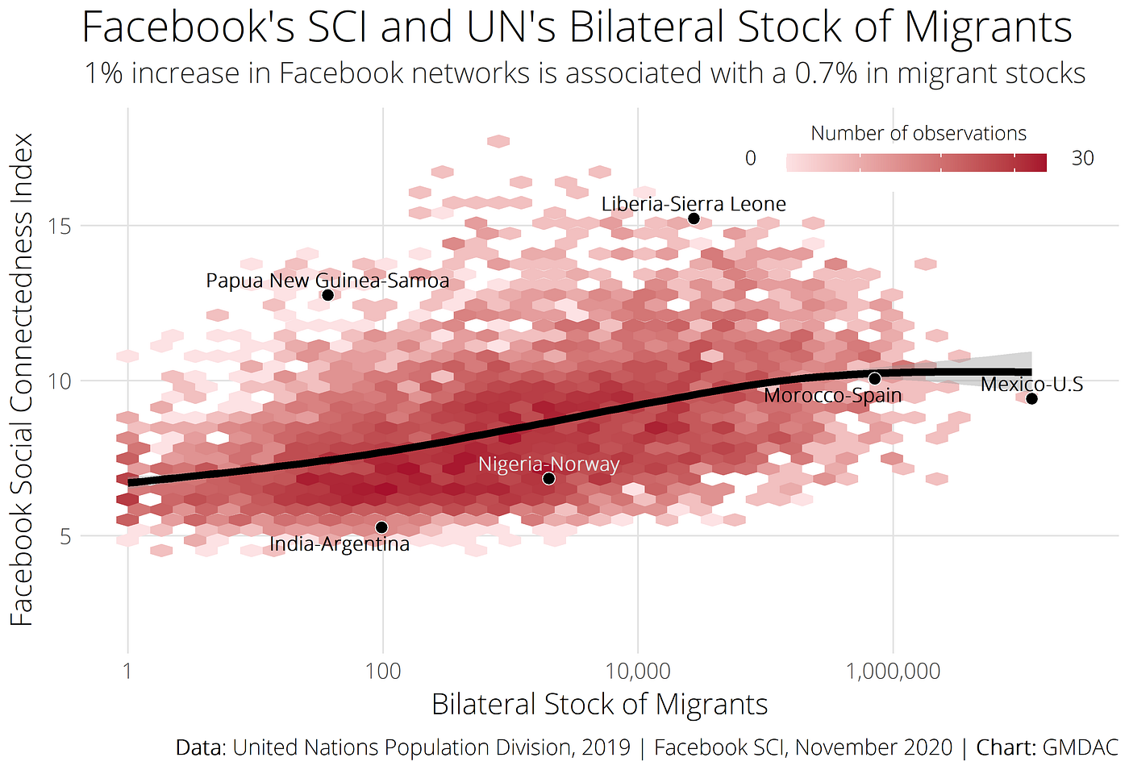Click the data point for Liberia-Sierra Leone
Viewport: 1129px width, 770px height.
pyautogui.click(x=694, y=219)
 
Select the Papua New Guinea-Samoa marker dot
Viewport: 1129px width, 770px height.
pyautogui.click(x=327, y=295)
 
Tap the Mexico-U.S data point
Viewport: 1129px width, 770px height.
pyautogui.click(x=1031, y=399)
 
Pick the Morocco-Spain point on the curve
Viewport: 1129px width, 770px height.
pyautogui.click(x=875, y=378)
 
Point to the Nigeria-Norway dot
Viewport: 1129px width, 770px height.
pyautogui.click(x=548, y=478)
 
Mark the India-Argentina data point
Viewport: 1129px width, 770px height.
pyautogui.click(x=381, y=527)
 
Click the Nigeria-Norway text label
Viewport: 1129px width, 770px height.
pyautogui.click(x=548, y=464)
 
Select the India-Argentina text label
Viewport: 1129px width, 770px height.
pyautogui.click(x=340, y=544)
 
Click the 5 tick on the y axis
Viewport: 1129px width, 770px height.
pyautogui.click(x=65, y=536)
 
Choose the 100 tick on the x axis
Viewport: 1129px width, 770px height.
pyautogui.click(x=382, y=671)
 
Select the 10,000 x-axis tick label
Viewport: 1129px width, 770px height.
pyautogui.click(x=638, y=671)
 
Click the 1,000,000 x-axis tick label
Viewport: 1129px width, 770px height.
pyautogui.click(x=894, y=671)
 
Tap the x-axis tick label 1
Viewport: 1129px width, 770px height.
pyautogui.click(x=127, y=671)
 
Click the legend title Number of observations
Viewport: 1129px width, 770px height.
pyautogui.click(x=919, y=133)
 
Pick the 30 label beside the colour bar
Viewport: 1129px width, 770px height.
pyautogui.click(x=1082, y=158)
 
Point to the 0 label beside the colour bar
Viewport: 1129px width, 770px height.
pyautogui.click(x=751, y=158)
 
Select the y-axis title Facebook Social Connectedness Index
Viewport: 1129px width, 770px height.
pyautogui.click(x=23, y=379)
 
